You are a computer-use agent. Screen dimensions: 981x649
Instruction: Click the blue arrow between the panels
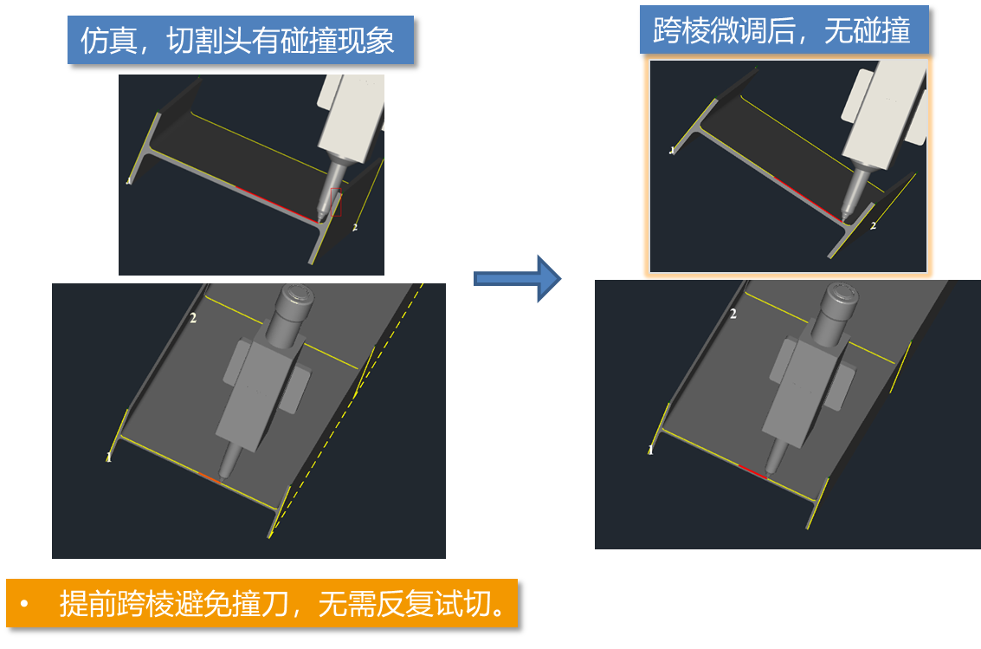pos(518,278)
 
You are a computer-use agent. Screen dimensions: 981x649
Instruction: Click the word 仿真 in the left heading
pos(109,41)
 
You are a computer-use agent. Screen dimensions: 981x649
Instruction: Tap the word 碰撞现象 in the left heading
pos(337,41)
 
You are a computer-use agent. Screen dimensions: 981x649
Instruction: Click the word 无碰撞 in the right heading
pos(867,30)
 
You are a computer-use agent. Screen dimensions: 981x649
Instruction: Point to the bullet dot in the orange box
pos(24,604)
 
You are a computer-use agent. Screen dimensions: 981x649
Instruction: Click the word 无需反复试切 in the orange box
pos(405,604)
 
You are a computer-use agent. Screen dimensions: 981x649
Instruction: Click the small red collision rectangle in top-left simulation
pos(336,202)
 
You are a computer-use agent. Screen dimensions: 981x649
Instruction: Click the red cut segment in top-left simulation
pos(275,204)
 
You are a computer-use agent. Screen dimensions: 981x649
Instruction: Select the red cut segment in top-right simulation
pos(807,198)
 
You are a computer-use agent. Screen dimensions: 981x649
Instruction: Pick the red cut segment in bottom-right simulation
pos(752,472)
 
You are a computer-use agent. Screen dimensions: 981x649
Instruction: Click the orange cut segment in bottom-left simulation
pos(210,478)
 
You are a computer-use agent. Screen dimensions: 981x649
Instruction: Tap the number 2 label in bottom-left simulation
pos(193,318)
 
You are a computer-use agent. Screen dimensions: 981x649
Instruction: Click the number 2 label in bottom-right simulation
pos(733,314)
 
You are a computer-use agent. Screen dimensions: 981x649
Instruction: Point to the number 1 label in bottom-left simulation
pos(108,458)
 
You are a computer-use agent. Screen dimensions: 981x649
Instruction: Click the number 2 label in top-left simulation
pos(355,228)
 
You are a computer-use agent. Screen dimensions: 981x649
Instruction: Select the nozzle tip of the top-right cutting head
pos(845,217)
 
